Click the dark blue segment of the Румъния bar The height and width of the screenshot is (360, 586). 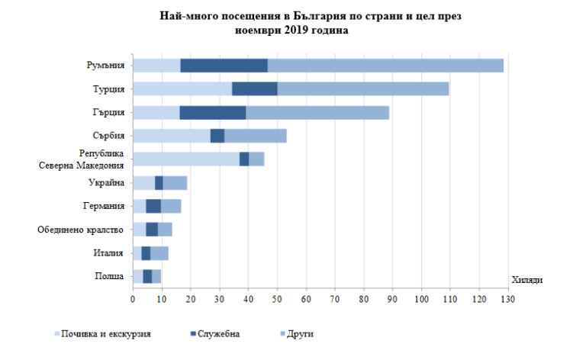click(224, 66)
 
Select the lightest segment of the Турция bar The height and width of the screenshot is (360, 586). click(182, 89)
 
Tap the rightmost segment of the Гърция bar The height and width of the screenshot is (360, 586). click(317, 113)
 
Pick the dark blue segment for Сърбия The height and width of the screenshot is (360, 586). click(217, 136)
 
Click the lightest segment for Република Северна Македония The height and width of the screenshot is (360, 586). click(185, 159)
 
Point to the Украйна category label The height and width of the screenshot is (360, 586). click(106, 182)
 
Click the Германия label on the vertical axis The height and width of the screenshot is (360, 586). click(104, 206)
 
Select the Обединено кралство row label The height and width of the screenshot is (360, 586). click(82, 230)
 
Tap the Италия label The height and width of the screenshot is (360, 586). click(108, 252)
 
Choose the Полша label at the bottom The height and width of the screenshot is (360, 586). click(108, 276)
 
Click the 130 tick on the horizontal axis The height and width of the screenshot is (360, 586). click(507, 301)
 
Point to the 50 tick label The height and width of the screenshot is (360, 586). click(277, 301)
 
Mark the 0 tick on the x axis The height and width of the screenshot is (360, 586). click(133, 301)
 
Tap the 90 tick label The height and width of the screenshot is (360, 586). click(392, 301)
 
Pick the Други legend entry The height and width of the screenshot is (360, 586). click(301, 334)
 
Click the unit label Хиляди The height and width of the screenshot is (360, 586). click(526, 281)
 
